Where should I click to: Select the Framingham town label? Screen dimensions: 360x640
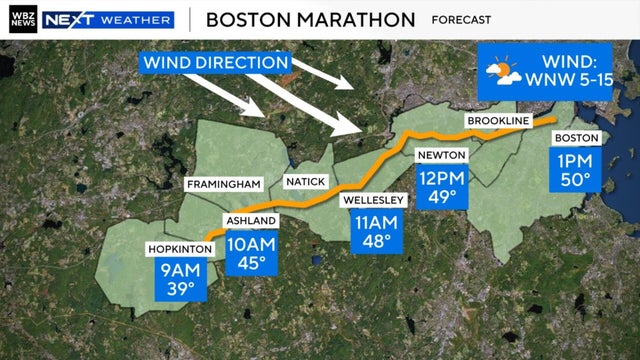[x=222, y=185]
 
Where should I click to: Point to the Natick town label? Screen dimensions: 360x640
[x=304, y=181]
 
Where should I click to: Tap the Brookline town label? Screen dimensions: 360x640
[x=495, y=121]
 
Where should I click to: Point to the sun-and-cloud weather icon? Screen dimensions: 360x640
[x=500, y=72]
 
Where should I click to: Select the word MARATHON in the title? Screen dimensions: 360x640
[x=353, y=19]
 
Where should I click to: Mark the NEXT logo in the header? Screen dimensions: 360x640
[x=70, y=19]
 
